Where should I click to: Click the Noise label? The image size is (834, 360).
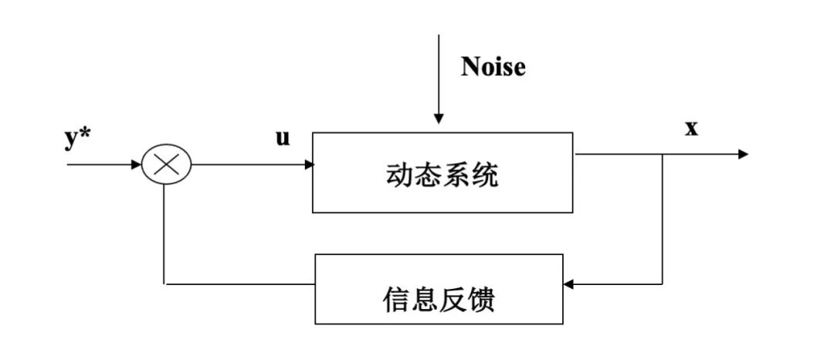[x=493, y=67]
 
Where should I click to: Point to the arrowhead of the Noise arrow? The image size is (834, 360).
[x=439, y=119]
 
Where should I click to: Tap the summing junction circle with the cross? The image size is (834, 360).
[x=166, y=165]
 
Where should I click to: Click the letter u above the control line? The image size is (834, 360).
[x=283, y=138]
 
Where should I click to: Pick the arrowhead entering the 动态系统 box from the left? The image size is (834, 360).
[x=308, y=165]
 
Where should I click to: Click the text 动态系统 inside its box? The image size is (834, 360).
[x=442, y=175]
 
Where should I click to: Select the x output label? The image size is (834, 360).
[x=691, y=128]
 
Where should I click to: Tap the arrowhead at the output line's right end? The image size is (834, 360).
[x=743, y=155]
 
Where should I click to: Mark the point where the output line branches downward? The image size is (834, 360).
[x=663, y=155]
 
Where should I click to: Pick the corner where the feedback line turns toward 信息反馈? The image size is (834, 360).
[x=663, y=284]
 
